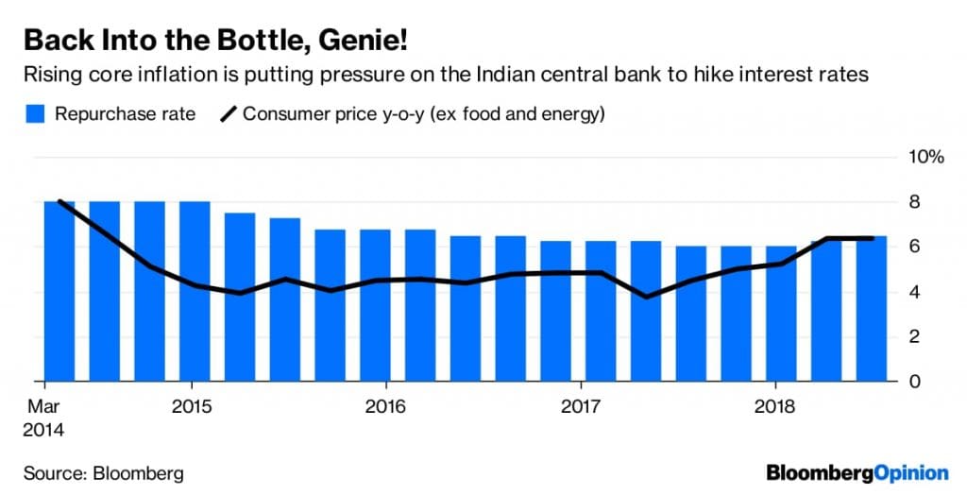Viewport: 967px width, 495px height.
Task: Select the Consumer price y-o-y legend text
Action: coord(423,114)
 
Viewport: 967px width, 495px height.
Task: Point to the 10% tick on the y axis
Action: coord(925,157)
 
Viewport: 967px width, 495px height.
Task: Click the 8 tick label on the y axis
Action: coord(914,202)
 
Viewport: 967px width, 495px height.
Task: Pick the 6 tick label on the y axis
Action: coord(914,247)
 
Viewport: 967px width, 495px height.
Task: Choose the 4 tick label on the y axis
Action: coord(914,292)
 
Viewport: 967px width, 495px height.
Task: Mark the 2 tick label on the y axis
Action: coord(914,337)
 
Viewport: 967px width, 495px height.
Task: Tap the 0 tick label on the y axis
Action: coord(914,382)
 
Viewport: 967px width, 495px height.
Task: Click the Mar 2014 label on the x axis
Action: coord(44,417)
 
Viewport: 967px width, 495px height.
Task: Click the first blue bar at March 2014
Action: coord(59,291)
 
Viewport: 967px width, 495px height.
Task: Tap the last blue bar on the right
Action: coord(872,309)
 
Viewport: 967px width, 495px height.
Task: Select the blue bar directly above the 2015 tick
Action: coord(195,291)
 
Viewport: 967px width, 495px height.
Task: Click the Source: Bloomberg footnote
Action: coord(103,472)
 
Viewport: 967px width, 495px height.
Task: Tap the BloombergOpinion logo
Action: coord(857,472)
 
